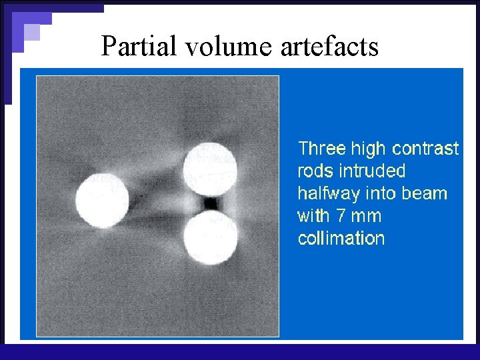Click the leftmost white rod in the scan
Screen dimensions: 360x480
coord(101,199)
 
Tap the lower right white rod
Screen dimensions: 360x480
coord(211,237)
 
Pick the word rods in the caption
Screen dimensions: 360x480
coord(315,171)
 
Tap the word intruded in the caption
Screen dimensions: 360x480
coord(372,171)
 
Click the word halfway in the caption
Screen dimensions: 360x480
coord(327,193)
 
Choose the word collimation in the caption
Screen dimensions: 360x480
coord(341,239)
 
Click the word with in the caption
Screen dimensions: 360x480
coord(313,216)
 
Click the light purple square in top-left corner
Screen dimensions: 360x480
coord(32,33)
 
